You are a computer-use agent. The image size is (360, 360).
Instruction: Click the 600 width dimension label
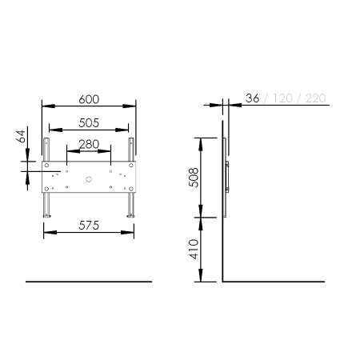pyautogui.click(x=89, y=99)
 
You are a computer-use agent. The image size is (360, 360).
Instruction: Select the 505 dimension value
pyautogui.click(x=89, y=123)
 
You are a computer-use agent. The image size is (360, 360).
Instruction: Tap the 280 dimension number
pyautogui.click(x=89, y=144)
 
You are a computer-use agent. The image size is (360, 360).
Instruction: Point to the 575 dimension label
pyautogui.click(x=89, y=226)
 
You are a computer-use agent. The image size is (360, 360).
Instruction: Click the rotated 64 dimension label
pyautogui.click(x=21, y=136)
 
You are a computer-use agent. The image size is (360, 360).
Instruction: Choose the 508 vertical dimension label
pyautogui.click(x=194, y=178)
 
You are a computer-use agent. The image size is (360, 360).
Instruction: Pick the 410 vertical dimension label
pyautogui.click(x=194, y=249)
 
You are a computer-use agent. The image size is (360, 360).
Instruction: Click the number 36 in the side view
pyautogui.click(x=252, y=98)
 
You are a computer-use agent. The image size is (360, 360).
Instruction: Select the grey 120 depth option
pyautogui.click(x=282, y=98)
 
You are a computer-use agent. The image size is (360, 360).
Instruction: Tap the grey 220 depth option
pyautogui.click(x=316, y=98)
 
